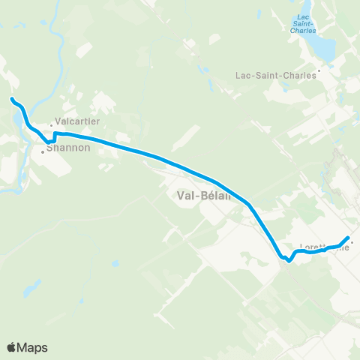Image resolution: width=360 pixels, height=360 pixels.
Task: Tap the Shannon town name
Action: [x=68, y=148]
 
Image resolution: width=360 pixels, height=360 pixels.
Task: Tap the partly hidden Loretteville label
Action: [x=324, y=246]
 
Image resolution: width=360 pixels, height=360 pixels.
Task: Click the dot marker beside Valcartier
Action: [x=52, y=125]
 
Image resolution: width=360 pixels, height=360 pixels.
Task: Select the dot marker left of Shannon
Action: [x=43, y=152]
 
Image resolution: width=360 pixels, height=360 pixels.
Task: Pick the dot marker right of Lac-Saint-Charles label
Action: [x=319, y=72]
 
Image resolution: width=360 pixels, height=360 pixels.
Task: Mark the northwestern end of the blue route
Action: [x=12, y=99]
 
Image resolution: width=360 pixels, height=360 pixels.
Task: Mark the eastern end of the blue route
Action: [x=348, y=238]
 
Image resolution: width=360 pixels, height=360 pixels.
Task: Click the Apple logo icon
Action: [x=11, y=346]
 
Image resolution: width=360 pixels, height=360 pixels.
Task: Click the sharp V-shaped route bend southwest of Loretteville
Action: [x=289, y=262]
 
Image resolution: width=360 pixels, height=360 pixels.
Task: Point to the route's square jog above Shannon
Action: [x=53, y=136]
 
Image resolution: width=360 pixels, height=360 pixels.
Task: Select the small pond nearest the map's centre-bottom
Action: [x=115, y=265]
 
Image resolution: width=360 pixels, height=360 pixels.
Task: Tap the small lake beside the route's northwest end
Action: [x=16, y=118]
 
